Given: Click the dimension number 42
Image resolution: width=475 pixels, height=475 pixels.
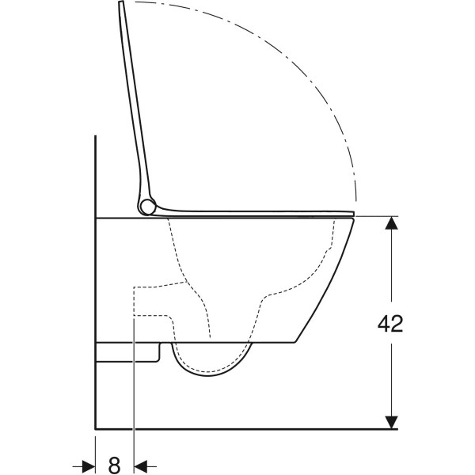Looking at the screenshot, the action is coord(390,323).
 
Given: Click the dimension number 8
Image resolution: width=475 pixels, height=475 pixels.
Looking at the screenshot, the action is coord(114,465).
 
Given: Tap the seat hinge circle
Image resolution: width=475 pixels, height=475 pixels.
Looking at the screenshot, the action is coord(148,207).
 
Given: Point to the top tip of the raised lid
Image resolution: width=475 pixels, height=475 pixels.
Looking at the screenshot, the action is coord(121,2).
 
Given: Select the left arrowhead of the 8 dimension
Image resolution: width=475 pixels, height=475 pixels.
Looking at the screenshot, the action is coord(89,465).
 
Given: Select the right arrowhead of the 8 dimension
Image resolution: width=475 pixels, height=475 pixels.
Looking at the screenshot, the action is coord(140,465).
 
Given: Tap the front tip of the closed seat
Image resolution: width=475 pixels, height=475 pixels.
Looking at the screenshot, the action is coord(354,213).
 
